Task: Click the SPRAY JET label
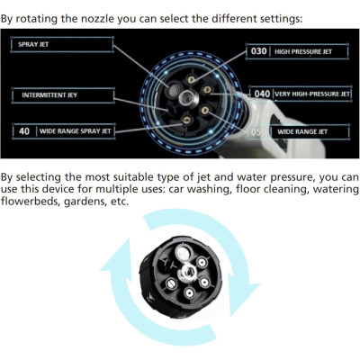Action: point(33,44)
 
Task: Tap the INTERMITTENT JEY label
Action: point(49,95)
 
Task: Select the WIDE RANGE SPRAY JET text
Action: point(76,131)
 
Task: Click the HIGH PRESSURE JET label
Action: point(303,51)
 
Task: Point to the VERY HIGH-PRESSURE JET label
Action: point(312,94)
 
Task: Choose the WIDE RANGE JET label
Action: point(302,131)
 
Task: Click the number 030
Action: point(258,51)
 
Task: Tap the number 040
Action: point(262,94)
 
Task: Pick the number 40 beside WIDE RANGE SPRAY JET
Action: point(24,131)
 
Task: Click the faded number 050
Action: point(258,132)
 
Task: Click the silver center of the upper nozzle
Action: point(187,97)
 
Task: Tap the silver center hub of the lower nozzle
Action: point(188,272)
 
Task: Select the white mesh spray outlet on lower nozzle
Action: point(183,252)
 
